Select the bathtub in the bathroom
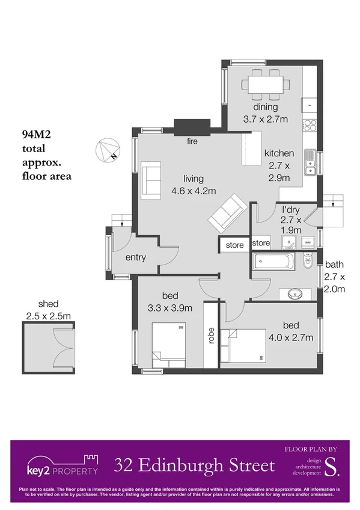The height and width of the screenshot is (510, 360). pos(273,262)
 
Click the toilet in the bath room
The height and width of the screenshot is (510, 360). pos(307,261)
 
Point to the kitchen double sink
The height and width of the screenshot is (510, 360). pos(311,162)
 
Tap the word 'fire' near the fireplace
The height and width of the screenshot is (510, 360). pos(192,142)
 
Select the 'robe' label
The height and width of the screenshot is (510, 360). pos(211,335)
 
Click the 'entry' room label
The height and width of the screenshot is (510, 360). pos(136,257)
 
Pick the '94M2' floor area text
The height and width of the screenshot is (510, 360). pos(37,135)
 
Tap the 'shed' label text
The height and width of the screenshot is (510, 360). pos(48,304)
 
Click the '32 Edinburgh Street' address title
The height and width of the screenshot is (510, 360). pos(195,465)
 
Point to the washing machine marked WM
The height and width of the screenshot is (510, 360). pos(307,242)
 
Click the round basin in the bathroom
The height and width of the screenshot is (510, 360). pos(295,295)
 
